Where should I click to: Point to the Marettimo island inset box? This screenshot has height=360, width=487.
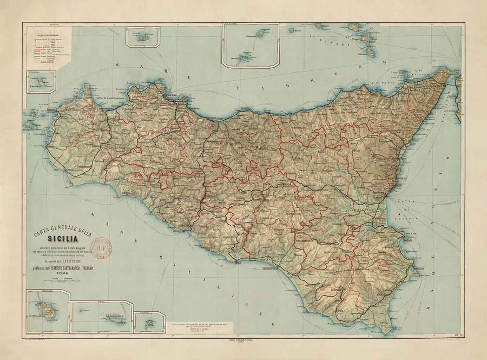(x=41, y=82)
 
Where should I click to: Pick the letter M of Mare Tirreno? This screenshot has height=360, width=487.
(x=117, y=66)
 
